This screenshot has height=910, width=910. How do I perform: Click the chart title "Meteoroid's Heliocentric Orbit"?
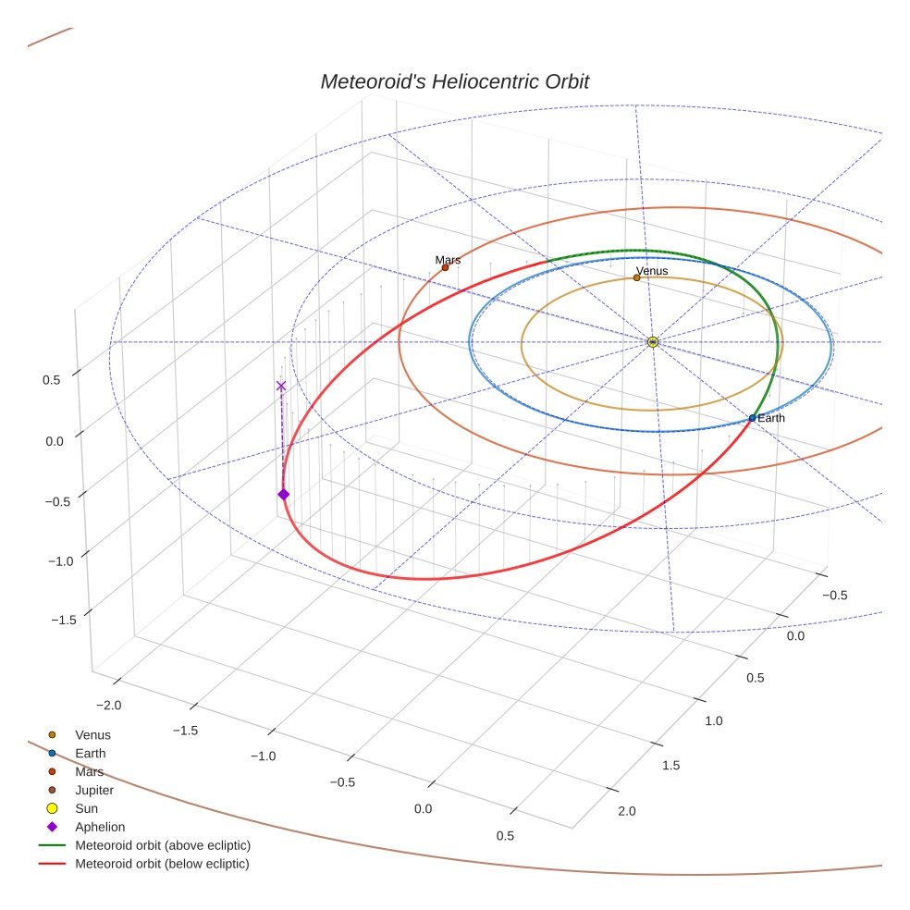[454, 81]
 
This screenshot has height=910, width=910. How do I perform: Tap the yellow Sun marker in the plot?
[652, 342]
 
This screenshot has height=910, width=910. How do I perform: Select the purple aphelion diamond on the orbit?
[283, 495]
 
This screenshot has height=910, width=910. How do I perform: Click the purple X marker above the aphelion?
[281, 386]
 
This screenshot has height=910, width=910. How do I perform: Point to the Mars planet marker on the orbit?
[445, 268]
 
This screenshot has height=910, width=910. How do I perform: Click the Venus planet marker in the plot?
[636, 277]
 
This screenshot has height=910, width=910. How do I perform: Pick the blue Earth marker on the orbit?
[752, 419]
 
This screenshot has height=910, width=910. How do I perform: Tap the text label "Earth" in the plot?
[771, 419]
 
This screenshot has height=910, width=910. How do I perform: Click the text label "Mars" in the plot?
[448, 260]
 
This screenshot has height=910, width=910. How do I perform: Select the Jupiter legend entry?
[94, 790]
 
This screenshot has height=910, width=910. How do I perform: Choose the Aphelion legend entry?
[100, 827]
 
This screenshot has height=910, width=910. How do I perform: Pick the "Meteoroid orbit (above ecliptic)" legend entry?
[163, 845]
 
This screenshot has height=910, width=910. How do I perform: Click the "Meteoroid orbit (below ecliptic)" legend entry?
[163, 864]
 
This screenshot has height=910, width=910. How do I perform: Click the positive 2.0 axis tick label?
[626, 812]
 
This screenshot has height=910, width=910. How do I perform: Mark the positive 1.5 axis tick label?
[670, 765]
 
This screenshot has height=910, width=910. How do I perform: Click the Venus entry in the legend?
[92, 734]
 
